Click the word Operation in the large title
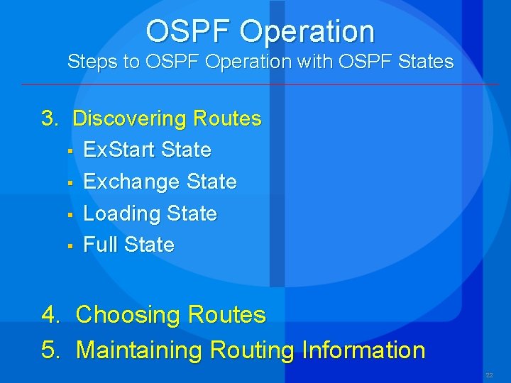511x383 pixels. [307, 32]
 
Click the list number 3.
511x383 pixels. [49, 118]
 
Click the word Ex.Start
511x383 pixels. [120, 150]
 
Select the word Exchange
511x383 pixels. [131, 182]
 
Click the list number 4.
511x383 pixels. [50, 315]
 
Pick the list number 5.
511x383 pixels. [50, 350]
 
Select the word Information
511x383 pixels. [363, 350]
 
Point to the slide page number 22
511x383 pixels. [489, 375]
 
